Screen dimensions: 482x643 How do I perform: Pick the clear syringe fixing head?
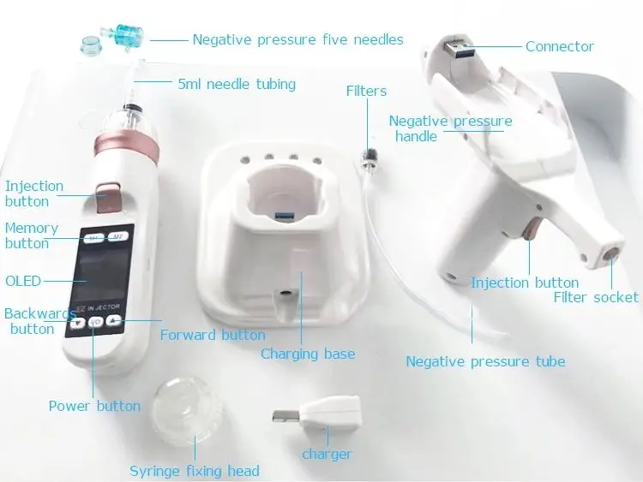pyautogui.click(x=183, y=409)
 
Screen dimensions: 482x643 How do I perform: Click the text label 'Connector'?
pyautogui.click(x=559, y=46)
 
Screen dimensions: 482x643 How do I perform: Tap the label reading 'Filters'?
pyautogui.click(x=366, y=91)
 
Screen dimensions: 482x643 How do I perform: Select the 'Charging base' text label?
pyautogui.click(x=307, y=354)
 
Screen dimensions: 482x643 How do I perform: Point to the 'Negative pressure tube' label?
pyautogui.click(x=485, y=361)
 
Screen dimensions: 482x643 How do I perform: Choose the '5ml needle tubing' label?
pyautogui.click(x=237, y=84)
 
